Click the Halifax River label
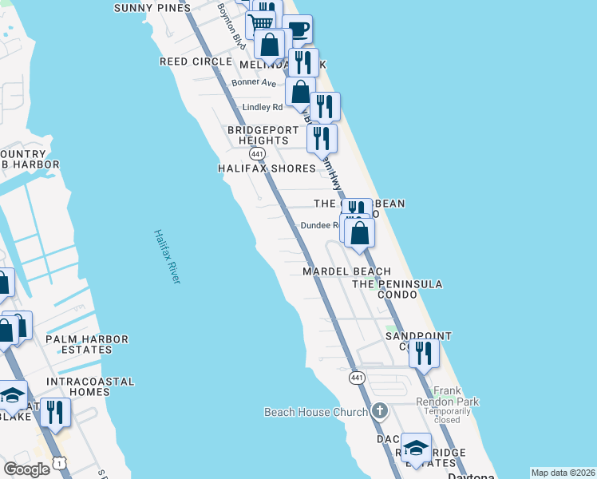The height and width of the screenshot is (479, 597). [168, 256]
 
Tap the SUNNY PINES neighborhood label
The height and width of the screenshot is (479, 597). [152, 8]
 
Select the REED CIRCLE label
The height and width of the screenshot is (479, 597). [195, 61]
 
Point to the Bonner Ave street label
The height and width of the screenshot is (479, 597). [253, 82]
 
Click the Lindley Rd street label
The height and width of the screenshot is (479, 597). [262, 107]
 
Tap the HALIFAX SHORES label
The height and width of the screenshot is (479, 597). [267, 168]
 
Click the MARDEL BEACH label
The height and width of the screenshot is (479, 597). [346, 271]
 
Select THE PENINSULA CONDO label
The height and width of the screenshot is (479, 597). [397, 289]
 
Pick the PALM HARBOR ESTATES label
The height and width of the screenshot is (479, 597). [87, 344]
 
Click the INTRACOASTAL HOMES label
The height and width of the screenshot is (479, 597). [78, 386]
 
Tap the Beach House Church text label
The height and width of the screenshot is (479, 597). [316, 412]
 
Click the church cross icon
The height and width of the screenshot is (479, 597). [379, 412]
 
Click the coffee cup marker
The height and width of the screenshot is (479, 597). [297, 30]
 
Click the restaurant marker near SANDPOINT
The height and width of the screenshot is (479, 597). [424, 352]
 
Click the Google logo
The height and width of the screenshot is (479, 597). [26, 469]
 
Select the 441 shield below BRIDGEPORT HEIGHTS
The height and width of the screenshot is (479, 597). [256, 152]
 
